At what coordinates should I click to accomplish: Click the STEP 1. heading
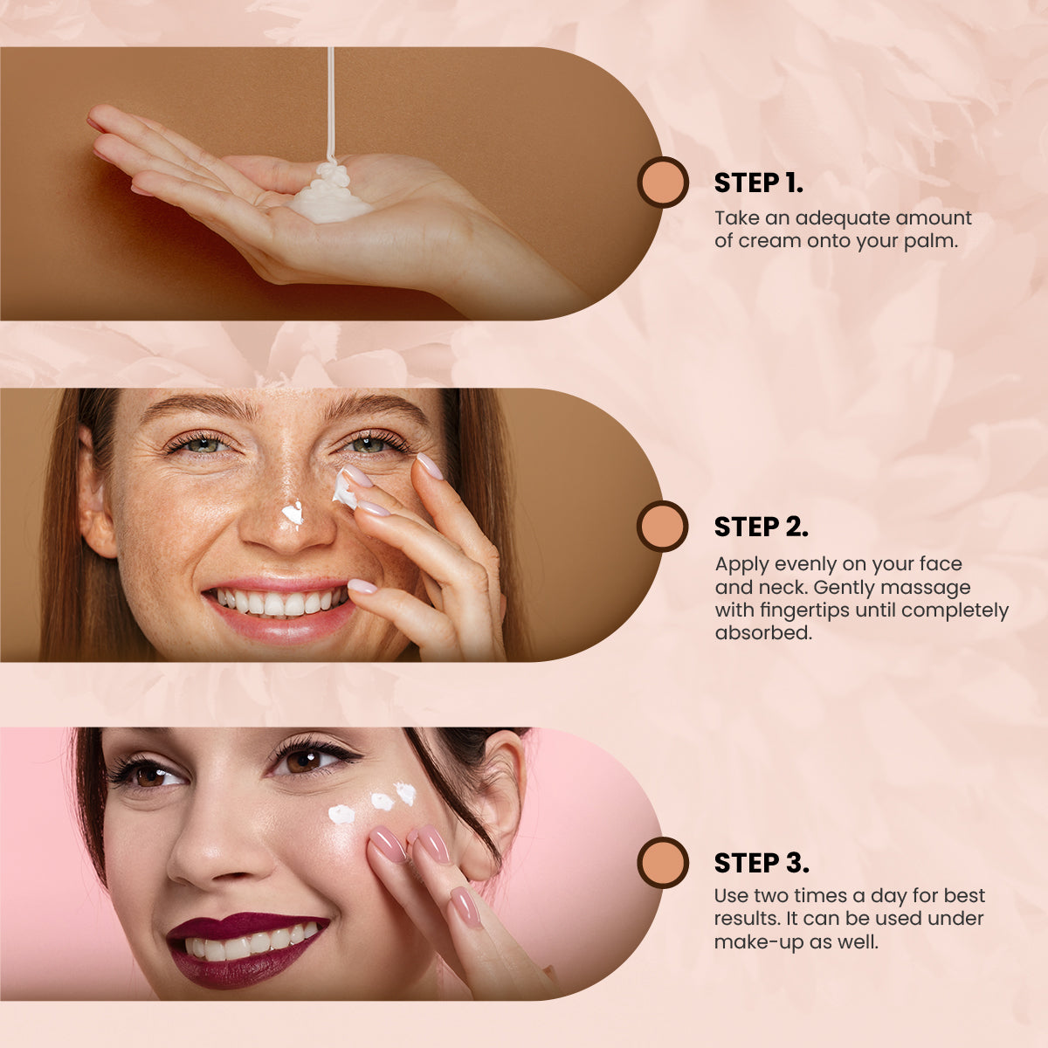point(758,183)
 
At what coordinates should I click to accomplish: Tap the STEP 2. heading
point(761,527)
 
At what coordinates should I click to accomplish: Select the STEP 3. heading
point(762,863)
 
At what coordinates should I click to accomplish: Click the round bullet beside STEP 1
point(663,183)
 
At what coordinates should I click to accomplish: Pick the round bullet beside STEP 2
point(662,526)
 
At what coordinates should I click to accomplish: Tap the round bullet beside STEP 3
point(662,863)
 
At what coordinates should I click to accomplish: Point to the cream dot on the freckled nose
point(293,513)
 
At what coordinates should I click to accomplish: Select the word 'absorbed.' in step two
point(763,632)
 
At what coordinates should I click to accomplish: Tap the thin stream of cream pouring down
point(330,103)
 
